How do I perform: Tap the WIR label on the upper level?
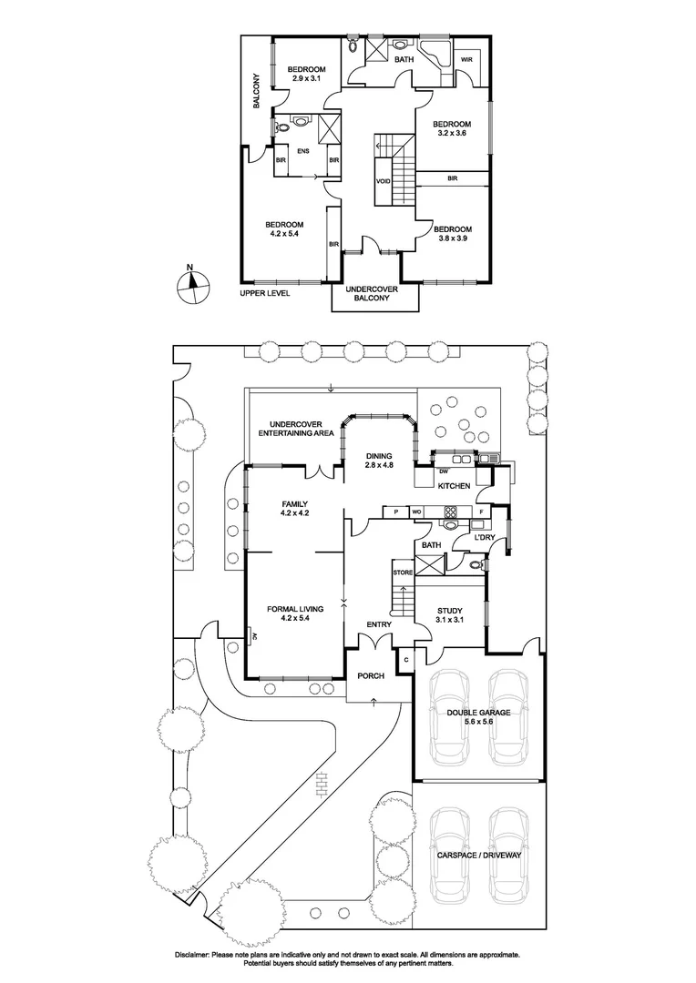[466, 59]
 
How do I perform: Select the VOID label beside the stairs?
[383, 181]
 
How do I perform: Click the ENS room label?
[303, 151]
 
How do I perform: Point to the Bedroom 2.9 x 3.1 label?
[306, 74]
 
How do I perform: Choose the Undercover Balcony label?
[372, 293]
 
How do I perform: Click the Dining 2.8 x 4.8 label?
[379, 461]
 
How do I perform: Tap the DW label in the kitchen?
[444, 471]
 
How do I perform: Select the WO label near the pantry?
[416, 512]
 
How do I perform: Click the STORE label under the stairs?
[403, 573]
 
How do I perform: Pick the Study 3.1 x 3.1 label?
[450, 615]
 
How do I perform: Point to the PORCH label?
[370, 675]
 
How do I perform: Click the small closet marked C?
[406, 659]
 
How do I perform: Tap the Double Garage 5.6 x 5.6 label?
[478, 716]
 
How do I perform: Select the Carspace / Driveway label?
[479, 855]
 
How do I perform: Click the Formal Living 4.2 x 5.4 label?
[295, 613]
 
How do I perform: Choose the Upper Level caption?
[265, 293]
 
